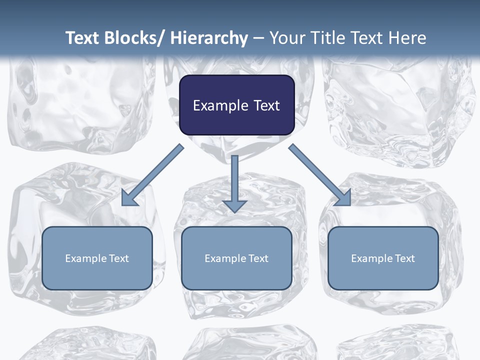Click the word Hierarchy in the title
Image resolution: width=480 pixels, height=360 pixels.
point(209,38)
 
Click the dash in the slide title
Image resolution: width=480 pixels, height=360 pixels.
point(258,38)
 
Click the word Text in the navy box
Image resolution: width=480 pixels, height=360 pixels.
point(266,105)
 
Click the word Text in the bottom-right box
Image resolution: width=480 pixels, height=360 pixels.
point(404,258)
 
